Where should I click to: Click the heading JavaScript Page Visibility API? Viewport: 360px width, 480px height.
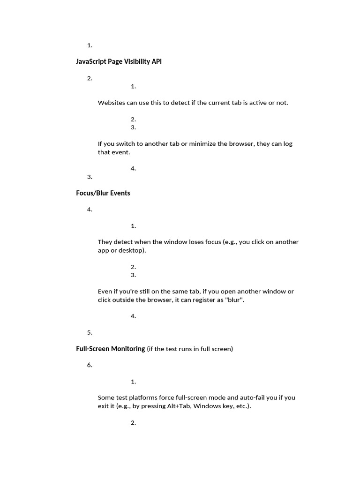pos(119,61)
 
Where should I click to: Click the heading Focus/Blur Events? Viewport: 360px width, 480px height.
pos(103,193)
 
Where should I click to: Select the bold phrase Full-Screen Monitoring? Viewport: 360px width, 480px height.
pos(110,349)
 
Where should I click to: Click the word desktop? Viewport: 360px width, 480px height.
pos(132,250)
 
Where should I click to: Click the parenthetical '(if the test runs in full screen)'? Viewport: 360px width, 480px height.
pos(190,349)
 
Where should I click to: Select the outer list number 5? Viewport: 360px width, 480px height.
pos(90,333)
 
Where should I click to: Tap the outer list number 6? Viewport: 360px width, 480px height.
pos(90,365)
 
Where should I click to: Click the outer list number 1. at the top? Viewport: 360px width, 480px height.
pos(90,45)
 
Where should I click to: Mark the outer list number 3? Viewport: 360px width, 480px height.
pos(90,177)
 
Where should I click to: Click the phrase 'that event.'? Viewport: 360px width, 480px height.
pos(114,152)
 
